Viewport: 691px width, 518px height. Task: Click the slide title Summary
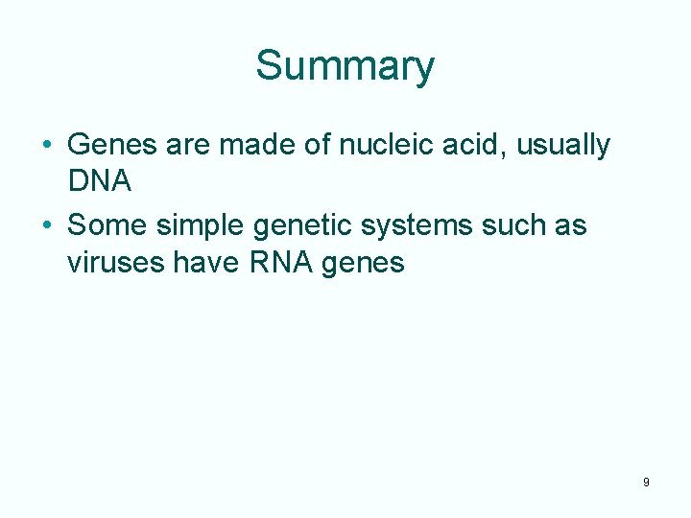point(345,67)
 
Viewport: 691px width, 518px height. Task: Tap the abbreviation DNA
point(99,180)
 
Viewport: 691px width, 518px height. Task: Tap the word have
point(211,261)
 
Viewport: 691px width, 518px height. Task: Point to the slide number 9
point(646,483)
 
